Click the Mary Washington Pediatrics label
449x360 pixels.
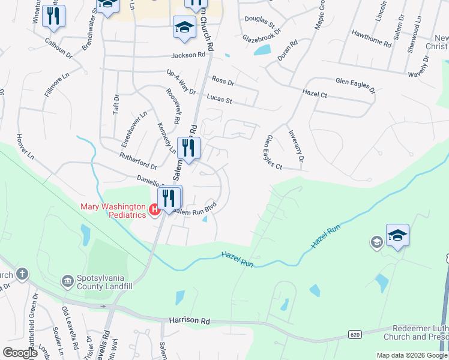tap(114, 211)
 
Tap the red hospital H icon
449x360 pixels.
tap(154, 209)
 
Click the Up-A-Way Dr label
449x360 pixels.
tap(181, 82)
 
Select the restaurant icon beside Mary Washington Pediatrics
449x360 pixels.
tap(169, 197)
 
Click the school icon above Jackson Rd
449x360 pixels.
tap(184, 26)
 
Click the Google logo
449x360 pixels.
tap(20, 352)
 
